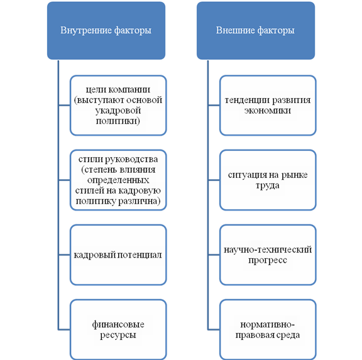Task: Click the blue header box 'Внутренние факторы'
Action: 106,30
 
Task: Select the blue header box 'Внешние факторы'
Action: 256,30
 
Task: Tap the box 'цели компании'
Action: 118,105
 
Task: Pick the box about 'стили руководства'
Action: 118,180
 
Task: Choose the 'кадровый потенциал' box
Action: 118,255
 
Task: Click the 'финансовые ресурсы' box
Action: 118,330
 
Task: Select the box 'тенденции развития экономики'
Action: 268,105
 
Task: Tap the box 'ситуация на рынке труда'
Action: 268,180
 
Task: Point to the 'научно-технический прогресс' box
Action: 268,255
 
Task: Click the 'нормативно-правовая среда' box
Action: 268,330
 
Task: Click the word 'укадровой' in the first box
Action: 118,111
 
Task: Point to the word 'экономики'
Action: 268,111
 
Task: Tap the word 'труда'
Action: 268,186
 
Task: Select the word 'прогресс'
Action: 268,261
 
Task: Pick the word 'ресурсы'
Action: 118,335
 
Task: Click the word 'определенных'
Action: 118,180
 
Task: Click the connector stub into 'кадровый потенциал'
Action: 64,255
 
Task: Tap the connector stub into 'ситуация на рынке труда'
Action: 214,180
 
